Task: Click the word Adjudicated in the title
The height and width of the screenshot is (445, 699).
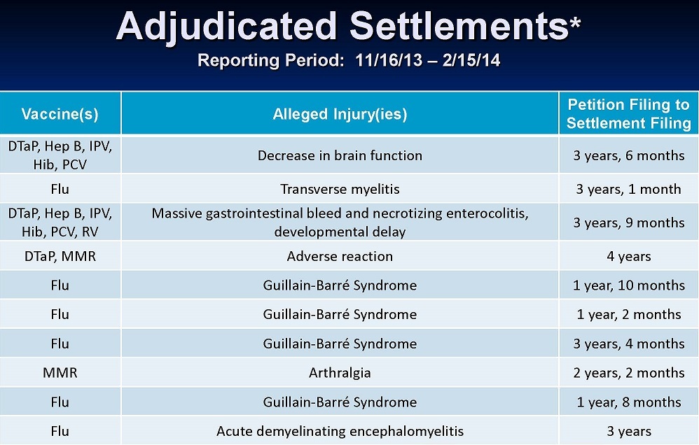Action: (x=226, y=27)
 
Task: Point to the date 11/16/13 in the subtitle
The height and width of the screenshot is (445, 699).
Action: (x=389, y=59)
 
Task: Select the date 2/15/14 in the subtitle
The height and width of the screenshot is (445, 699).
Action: (x=471, y=59)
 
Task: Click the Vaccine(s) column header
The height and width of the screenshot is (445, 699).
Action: (x=60, y=114)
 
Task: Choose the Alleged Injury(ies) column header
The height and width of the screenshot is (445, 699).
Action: (x=340, y=114)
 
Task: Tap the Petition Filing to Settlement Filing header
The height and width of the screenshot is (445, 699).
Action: (x=628, y=113)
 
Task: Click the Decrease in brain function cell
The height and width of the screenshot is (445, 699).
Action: (x=340, y=155)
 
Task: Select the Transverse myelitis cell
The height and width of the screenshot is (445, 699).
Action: (x=340, y=190)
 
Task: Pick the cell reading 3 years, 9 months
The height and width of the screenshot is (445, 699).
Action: (x=628, y=222)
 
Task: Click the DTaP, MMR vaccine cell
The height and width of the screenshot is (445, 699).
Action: (x=60, y=256)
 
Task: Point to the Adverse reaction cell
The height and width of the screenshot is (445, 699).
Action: (x=340, y=256)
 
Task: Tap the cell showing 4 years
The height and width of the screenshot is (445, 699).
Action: (x=628, y=256)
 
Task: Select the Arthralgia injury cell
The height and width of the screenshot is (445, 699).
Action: (x=340, y=372)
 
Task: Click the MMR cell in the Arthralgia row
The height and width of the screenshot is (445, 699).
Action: (x=60, y=372)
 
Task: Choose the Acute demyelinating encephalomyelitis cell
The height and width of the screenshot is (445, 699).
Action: (x=340, y=431)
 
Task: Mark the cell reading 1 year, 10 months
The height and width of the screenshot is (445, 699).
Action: (x=628, y=285)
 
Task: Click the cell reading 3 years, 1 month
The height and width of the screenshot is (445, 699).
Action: (x=628, y=190)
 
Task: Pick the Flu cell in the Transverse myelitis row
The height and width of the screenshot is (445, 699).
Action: (x=60, y=190)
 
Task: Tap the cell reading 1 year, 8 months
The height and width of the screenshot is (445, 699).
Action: (x=628, y=402)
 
